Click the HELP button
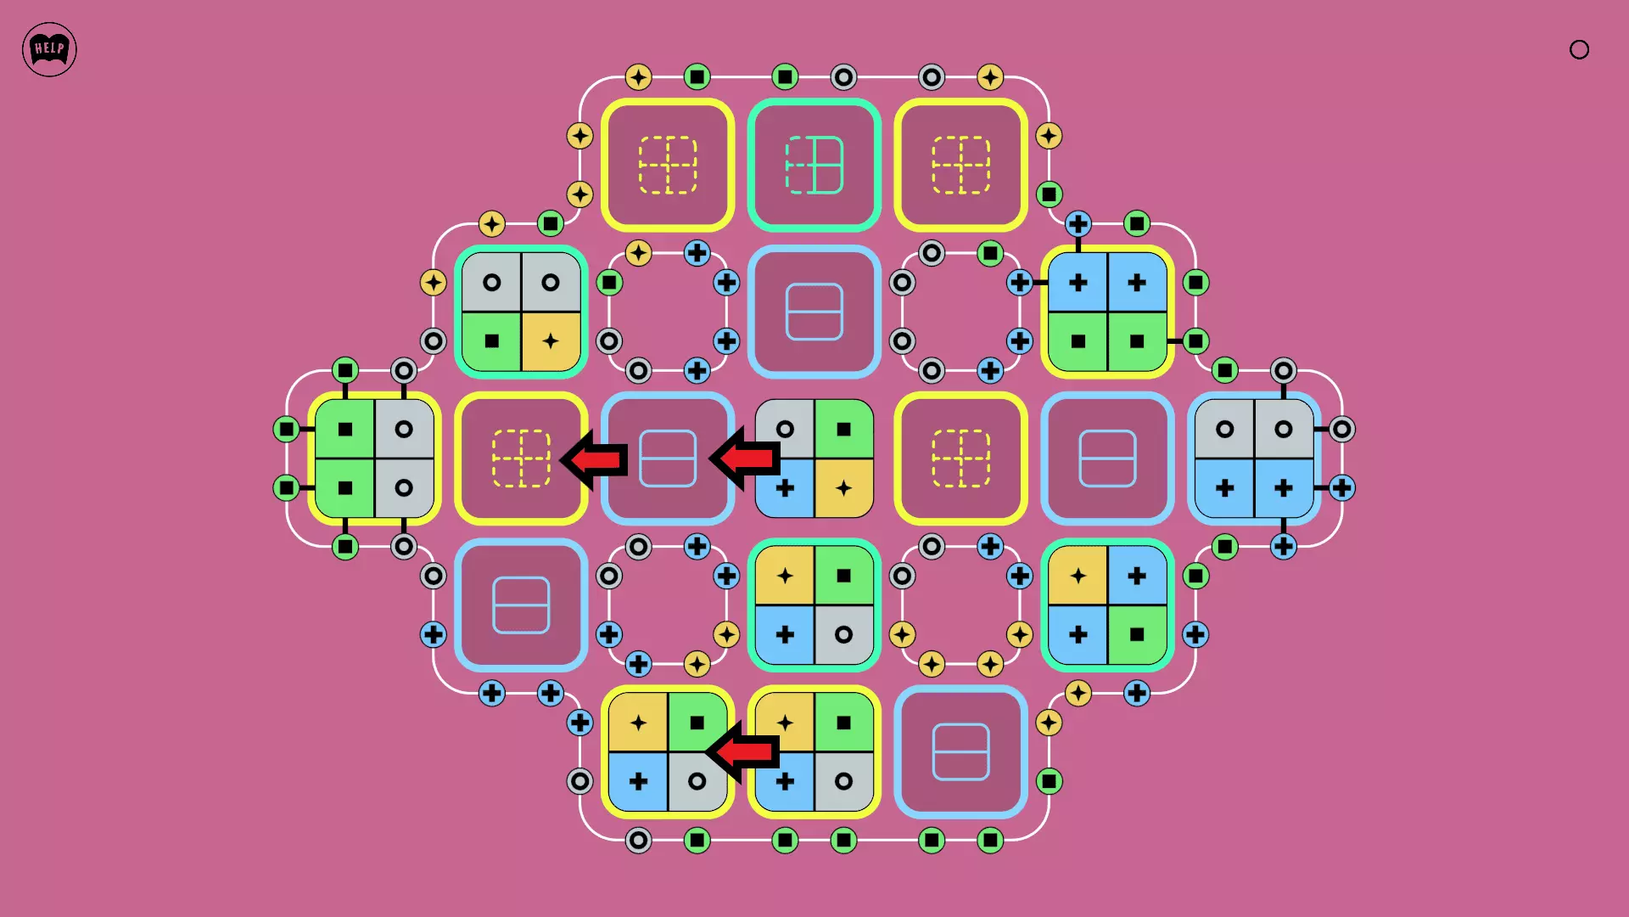tap(49, 49)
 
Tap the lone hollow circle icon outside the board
tap(1579, 49)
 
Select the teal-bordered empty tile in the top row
tap(814, 165)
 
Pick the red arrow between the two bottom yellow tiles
tap(742, 752)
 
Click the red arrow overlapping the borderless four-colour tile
tap(744, 458)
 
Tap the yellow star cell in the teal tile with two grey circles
tap(551, 341)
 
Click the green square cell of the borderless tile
tap(843, 429)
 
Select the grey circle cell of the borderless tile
tap(785, 429)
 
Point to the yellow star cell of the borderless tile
tap(843, 488)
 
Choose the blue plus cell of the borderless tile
tap(785, 488)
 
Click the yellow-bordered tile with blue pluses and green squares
tap(1107, 312)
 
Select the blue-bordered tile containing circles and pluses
tap(1254, 458)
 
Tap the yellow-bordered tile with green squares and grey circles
tap(374, 458)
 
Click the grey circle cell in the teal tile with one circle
tap(843, 634)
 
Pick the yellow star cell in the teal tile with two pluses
tap(1078, 576)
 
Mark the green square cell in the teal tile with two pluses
tap(1137, 634)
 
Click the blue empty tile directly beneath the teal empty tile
tap(814, 312)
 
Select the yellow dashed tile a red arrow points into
tap(521, 458)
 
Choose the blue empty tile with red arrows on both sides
tap(668, 458)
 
